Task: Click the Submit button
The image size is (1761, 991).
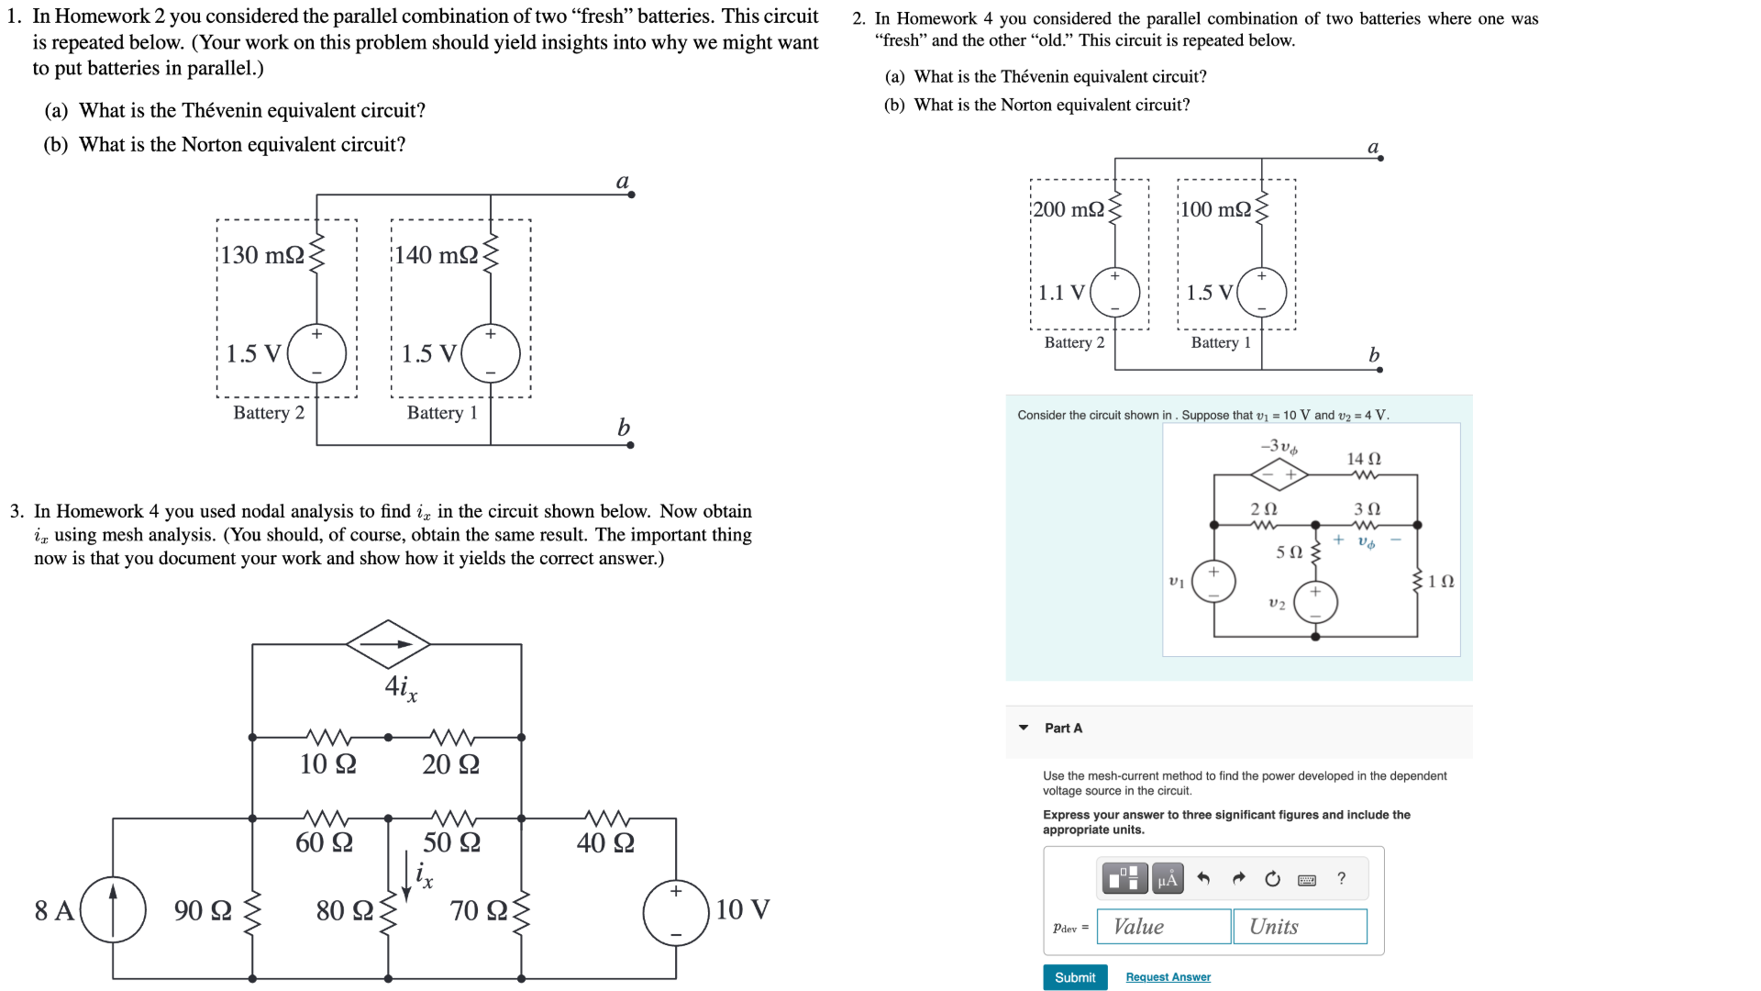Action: pyautogui.click(x=1074, y=977)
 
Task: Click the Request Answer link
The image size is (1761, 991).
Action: pyautogui.click(x=1168, y=977)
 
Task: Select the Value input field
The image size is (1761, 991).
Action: pyautogui.click(x=1165, y=926)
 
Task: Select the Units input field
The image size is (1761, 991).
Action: pyautogui.click(x=1300, y=926)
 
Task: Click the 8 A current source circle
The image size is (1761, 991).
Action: pyautogui.click(x=113, y=909)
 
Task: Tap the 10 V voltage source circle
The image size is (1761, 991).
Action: pyautogui.click(x=676, y=912)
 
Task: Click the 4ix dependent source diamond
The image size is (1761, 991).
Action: pyautogui.click(x=388, y=643)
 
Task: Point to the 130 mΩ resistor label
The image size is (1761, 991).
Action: pyautogui.click(x=262, y=255)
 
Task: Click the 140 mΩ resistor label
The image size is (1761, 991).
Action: pyautogui.click(x=437, y=255)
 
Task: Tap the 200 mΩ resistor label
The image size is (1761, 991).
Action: pyautogui.click(x=1069, y=209)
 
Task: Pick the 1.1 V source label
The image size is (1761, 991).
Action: pyautogui.click(x=1061, y=293)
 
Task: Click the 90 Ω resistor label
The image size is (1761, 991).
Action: pyautogui.click(x=203, y=910)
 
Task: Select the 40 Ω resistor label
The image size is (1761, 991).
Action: pyautogui.click(x=605, y=842)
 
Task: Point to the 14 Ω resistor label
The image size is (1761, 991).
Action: pyautogui.click(x=1363, y=458)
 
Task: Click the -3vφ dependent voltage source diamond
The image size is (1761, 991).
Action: pyautogui.click(x=1279, y=474)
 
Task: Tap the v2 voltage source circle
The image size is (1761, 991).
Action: pyautogui.click(x=1315, y=603)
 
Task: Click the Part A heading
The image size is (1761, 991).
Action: pyautogui.click(x=1063, y=728)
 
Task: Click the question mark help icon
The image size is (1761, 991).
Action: pyautogui.click(x=1341, y=878)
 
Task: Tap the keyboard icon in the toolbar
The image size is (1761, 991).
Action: pyautogui.click(x=1307, y=879)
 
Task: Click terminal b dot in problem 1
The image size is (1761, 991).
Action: pyautogui.click(x=630, y=445)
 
